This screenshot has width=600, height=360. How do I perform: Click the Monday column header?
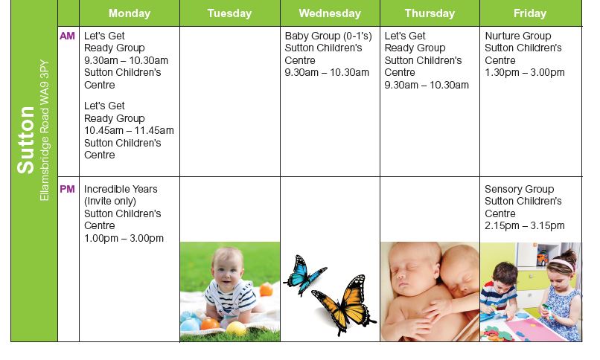130,13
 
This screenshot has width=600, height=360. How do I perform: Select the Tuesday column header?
229,13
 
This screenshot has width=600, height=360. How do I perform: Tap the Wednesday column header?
330,13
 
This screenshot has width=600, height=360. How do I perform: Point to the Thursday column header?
430,13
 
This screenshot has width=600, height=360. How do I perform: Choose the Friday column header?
530,13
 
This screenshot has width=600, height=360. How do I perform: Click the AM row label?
67,36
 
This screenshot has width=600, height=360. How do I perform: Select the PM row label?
67,189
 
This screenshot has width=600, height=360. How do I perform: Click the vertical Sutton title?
26,140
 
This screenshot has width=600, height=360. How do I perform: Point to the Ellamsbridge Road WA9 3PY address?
45,130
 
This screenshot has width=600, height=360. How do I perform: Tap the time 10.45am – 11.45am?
129,130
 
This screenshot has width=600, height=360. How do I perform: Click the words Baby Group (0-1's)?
328,36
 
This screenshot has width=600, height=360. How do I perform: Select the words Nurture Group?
518,36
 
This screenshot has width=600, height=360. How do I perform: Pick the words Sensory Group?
520,189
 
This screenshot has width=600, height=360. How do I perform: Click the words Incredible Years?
121,189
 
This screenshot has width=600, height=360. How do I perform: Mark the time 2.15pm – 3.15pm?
525,226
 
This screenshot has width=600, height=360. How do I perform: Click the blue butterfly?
304,274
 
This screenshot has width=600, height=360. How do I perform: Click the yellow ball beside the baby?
236,329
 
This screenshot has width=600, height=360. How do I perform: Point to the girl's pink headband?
562,263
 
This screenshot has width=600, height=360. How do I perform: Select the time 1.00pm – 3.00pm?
124,238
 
